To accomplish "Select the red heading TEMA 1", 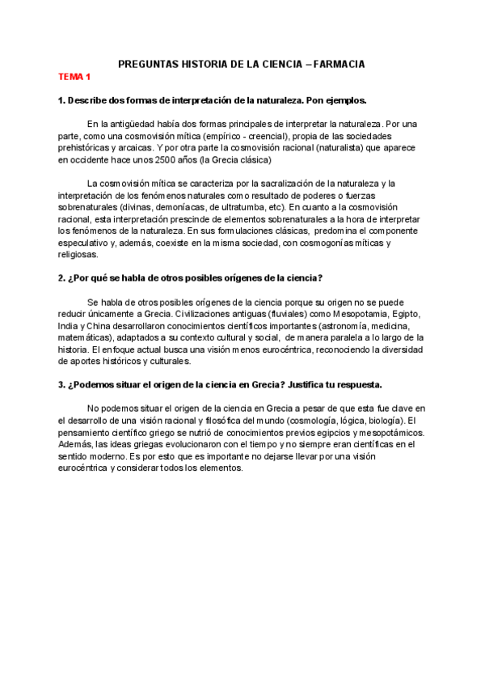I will coord(74,77).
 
